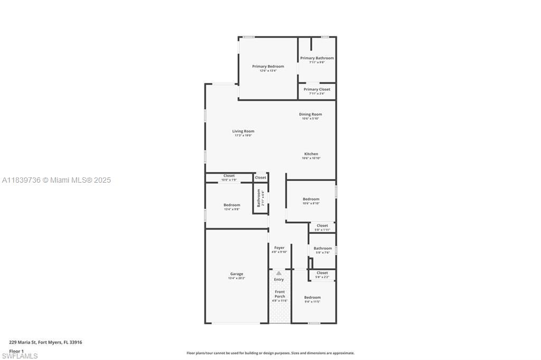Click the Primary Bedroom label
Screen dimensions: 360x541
tap(268, 67)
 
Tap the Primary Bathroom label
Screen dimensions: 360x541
tap(317, 58)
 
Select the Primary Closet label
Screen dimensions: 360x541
tap(317, 89)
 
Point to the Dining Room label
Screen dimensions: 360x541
tap(311, 114)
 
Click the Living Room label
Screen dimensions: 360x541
tap(243, 131)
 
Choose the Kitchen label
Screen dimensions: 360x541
tap(311, 154)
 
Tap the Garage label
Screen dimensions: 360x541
tap(237, 274)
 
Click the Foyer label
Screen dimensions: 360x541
tap(279, 248)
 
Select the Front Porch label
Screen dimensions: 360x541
tap(279, 294)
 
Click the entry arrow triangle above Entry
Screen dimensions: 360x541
tap(279, 273)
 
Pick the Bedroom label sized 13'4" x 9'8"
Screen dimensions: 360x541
tap(231, 205)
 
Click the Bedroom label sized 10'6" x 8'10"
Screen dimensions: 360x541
tap(311, 199)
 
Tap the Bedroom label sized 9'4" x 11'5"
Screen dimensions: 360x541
tap(312, 297)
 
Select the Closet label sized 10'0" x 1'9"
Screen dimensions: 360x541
tap(229, 176)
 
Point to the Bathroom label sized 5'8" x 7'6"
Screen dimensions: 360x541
tap(323, 248)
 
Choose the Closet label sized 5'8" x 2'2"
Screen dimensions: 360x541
tap(322, 273)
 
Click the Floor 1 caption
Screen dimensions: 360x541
tap(16, 351)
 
